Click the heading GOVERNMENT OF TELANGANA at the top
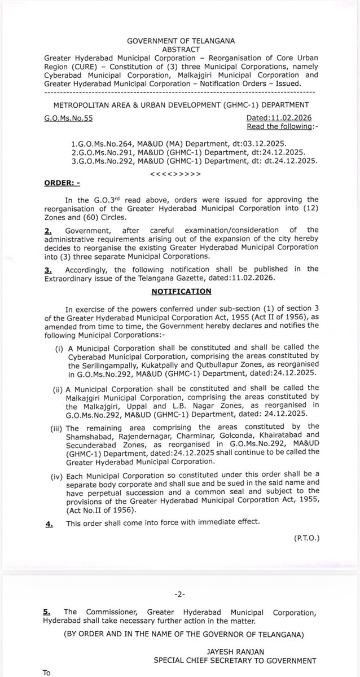pos(180,41)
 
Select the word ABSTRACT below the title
pos(180,49)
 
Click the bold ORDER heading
pos(58,184)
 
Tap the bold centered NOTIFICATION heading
pos(181,291)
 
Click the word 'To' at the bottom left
pos(47,672)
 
